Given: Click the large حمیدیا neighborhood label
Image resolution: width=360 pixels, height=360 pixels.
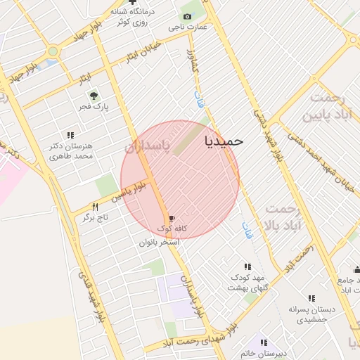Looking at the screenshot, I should (x=224, y=141).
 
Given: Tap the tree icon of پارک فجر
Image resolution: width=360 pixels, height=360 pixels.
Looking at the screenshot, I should (x=92, y=96).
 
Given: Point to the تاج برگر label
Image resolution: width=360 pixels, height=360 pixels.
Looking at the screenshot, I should (x=95, y=218).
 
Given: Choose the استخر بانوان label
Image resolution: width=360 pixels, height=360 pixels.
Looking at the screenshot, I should (x=159, y=241).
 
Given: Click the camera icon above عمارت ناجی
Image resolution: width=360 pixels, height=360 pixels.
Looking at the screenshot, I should (x=186, y=16).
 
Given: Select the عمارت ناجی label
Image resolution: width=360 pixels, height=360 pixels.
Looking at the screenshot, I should (x=187, y=27).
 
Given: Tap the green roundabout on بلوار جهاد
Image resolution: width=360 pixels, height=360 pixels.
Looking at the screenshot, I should (x=53, y=51).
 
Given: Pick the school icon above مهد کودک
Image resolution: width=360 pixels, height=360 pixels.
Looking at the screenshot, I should (x=247, y=266).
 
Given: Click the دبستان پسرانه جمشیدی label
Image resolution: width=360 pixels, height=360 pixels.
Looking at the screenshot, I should (x=312, y=314).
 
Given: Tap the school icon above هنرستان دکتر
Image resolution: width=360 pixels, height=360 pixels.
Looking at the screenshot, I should (x=70, y=134).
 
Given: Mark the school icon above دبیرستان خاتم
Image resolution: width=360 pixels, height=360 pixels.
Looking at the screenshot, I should (x=263, y=342).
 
